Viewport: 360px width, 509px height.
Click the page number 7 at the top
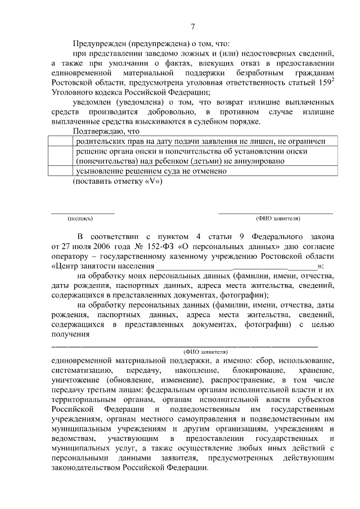tap(192, 26)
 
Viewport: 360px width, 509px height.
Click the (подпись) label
tap(80, 218)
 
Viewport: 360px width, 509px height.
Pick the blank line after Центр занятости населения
tap(236, 266)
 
